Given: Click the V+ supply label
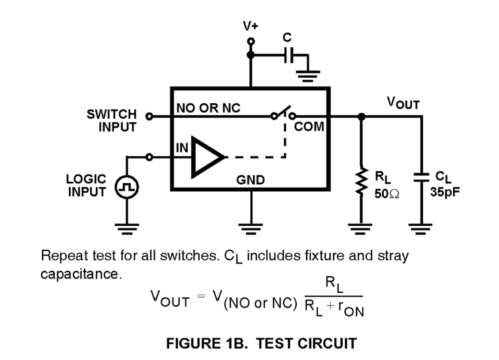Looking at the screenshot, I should pyautogui.click(x=250, y=27).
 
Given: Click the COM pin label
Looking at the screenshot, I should pyautogui.click(x=309, y=127).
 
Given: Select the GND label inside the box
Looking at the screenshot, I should pyautogui.click(x=250, y=181).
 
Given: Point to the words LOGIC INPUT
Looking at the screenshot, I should pyautogui.click(x=86, y=185).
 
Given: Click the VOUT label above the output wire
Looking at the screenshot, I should pyautogui.click(x=403, y=104).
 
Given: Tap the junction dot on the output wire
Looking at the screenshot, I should pyautogui.click(x=361, y=117).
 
